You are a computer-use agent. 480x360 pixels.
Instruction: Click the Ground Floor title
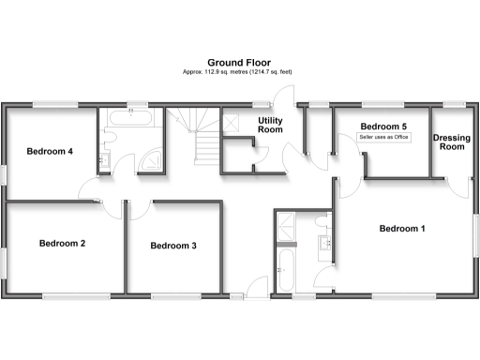click(x=239, y=62)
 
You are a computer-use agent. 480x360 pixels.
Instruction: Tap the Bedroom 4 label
click(x=50, y=151)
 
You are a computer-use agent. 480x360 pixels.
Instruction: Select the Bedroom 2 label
click(x=62, y=244)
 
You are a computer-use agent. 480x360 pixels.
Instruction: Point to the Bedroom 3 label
click(x=173, y=246)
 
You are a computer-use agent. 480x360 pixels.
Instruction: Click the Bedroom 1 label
click(x=402, y=229)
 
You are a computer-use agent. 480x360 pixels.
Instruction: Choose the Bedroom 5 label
click(x=383, y=127)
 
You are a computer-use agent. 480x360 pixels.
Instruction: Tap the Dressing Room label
click(x=451, y=142)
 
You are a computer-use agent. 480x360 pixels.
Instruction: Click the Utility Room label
click(x=270, y=126)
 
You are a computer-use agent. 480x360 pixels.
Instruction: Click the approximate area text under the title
click(x=239, y=72)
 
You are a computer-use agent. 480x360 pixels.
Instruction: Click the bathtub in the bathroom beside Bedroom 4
click(x=130, y=119)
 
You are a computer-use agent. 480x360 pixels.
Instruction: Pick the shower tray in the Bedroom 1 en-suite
click(x=285, y=225)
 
